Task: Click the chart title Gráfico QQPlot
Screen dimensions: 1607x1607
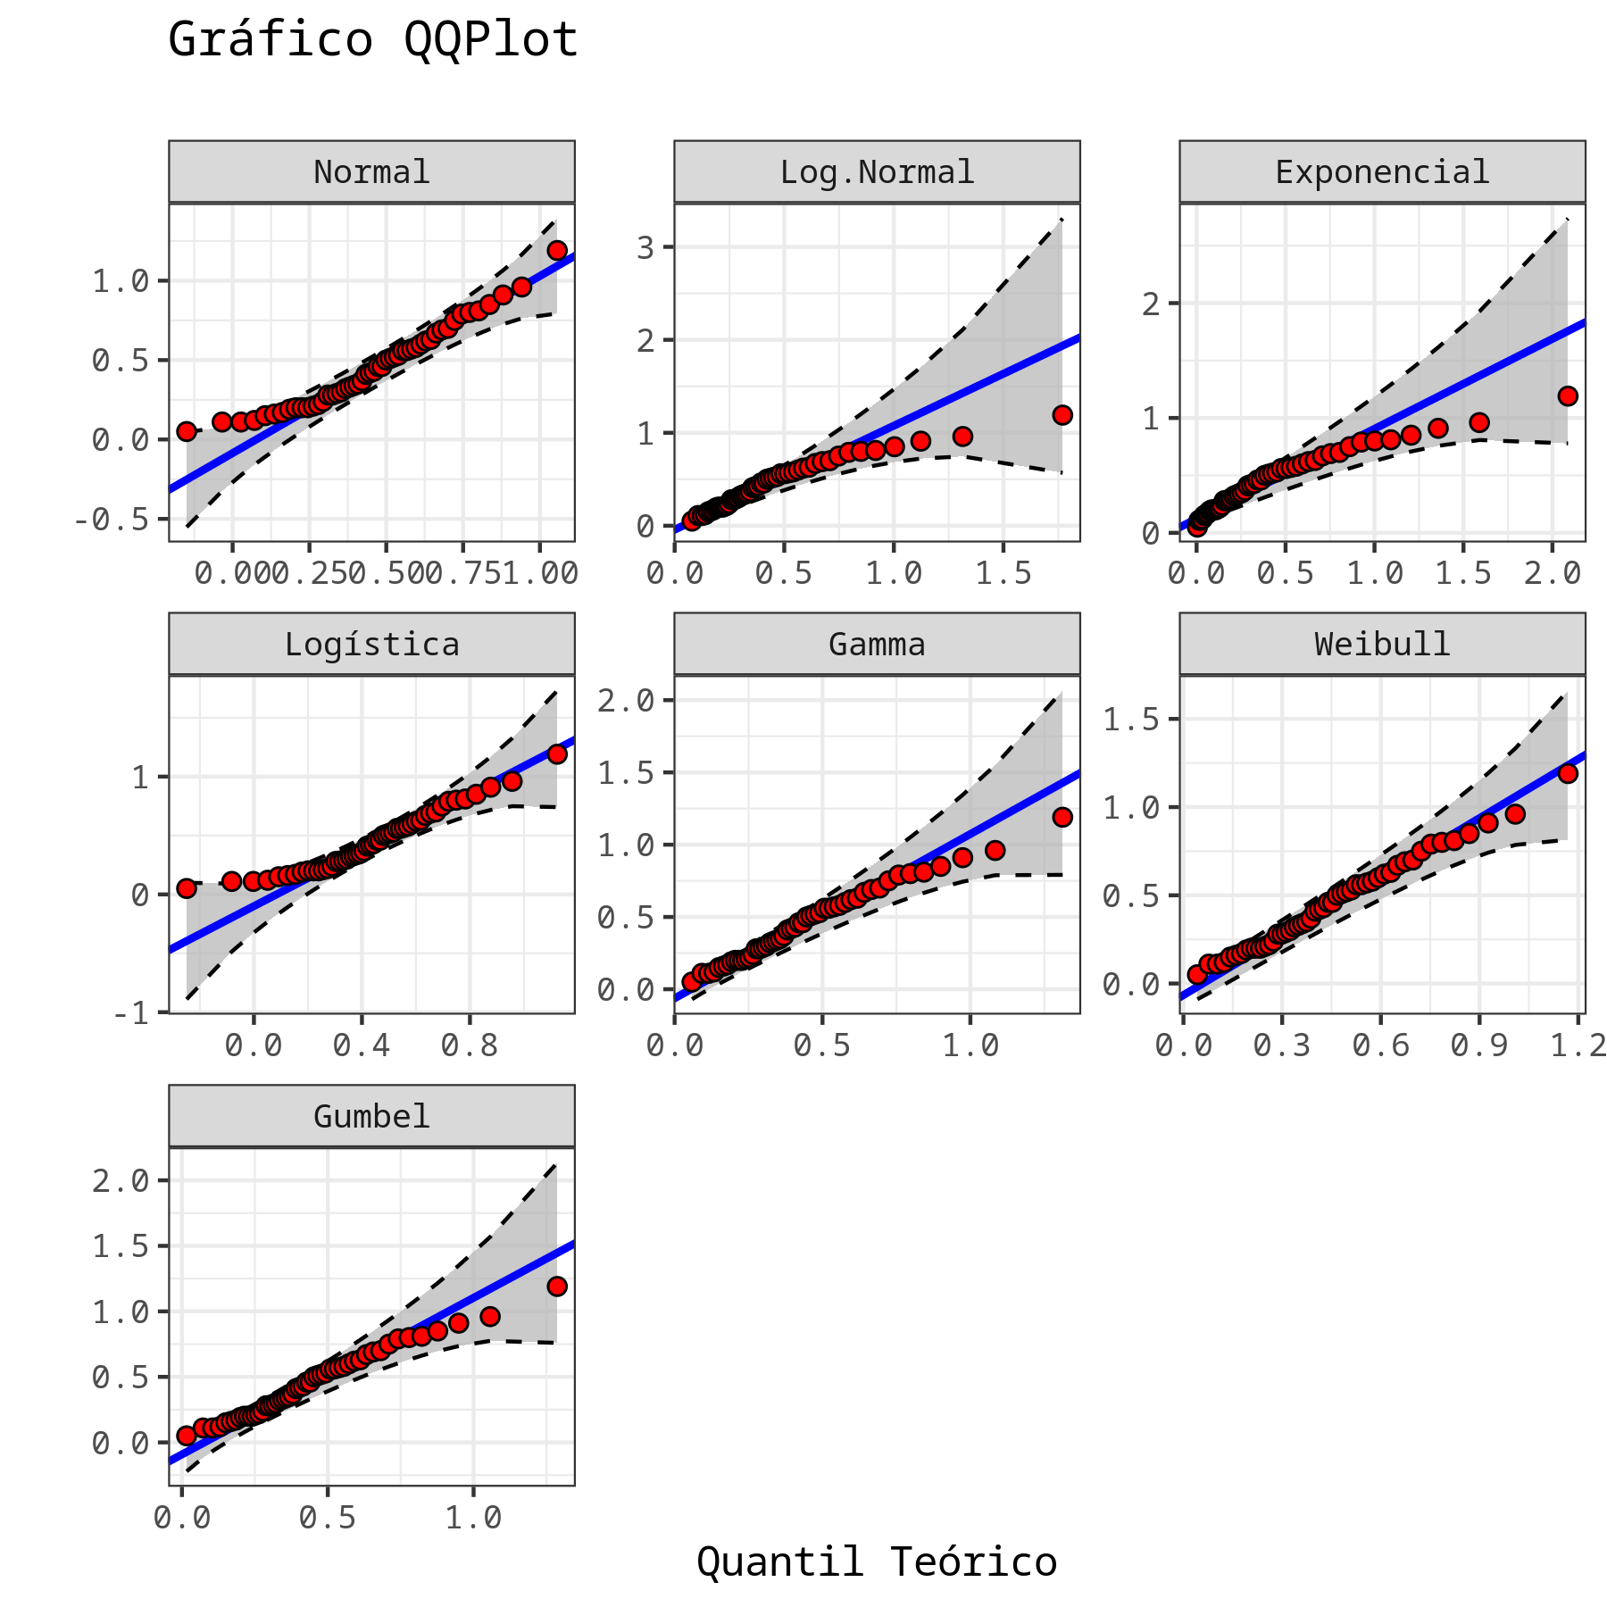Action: pyautogui.click(x=373, y=40)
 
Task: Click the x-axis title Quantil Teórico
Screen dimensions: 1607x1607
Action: pyautogui.click(x=877, y=1562)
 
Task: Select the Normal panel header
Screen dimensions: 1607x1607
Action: pyautogui.click(x=371, y=171)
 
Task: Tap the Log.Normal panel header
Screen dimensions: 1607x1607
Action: pyautogui.click(x=877, y=171)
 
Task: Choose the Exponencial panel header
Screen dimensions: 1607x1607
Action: pyautogui.click(x=1382, y=171)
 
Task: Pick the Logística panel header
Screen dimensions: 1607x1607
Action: pyautogui.click(x=371, y=644)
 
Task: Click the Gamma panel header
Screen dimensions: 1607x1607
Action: pyautogui.click(x=877, y=644)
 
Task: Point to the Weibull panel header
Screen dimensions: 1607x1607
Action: pyautogui.click(x=1382, y=644)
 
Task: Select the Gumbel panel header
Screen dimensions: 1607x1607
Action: pyautogui.click(x=371, y=1116)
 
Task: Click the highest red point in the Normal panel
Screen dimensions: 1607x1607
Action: pyautogui.click(x=557, y=250)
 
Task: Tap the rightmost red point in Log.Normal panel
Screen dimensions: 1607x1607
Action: pyautogui.click(x=1062, y=415)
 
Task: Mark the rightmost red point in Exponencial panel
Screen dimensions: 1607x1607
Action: pyautogui.click(x=1568, y=396)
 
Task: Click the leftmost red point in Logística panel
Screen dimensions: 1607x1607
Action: pyautogui.click(x=186, y=888)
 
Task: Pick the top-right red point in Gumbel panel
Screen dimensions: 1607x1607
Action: pyautogui.click(x=557, y=1286)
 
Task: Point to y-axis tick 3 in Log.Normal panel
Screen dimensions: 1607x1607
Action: pyautogui.click(x=645, y=247)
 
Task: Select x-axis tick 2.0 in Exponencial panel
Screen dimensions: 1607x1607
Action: pyautogui.click(x=1553, y=573)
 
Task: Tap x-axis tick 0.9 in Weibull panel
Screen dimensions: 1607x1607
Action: pyautogui.click(x=1479, y=1045)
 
